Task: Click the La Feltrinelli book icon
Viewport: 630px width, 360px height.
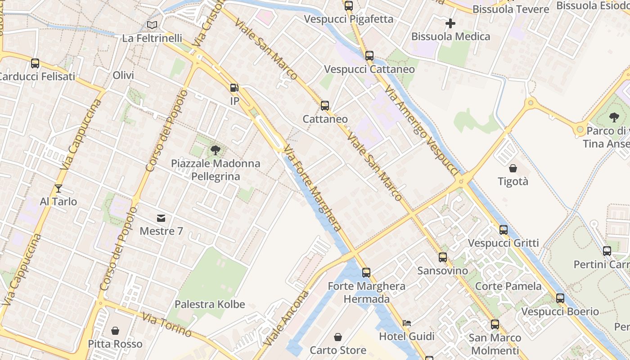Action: tap(152, 25)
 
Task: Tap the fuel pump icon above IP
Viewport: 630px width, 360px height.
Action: tap(234, 88)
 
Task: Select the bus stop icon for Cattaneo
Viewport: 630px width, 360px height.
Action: tap(325, 106)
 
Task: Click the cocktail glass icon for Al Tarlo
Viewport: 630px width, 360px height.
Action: tap(58, 189)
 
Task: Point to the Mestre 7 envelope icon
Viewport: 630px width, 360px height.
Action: tap(161, 218)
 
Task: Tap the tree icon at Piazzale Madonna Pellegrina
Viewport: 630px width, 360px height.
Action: tap(216, 150)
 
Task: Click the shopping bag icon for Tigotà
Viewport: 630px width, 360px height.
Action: tap(513, 169)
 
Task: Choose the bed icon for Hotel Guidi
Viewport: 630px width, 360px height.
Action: tap(406, 323)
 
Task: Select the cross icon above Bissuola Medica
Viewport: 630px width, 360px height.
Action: tap(450, 23)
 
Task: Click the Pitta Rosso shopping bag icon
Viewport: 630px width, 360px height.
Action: tap(115, 331)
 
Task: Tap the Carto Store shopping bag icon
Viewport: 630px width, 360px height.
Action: tap(337, 337)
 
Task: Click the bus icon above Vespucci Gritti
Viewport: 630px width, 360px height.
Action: tap(503, 230)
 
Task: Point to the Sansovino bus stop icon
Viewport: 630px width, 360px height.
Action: tap(443, 257)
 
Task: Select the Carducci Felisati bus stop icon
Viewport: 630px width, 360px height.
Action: tap(35, 63)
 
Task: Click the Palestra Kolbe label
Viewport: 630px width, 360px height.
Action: tap(210, 304)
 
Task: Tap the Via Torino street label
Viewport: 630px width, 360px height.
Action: tap(167, 324)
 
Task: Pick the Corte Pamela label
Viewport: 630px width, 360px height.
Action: tap(508, 286)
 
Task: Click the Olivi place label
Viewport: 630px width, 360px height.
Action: tap(123, 75)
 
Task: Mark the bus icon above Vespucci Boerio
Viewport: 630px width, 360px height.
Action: tap(560, 298)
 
